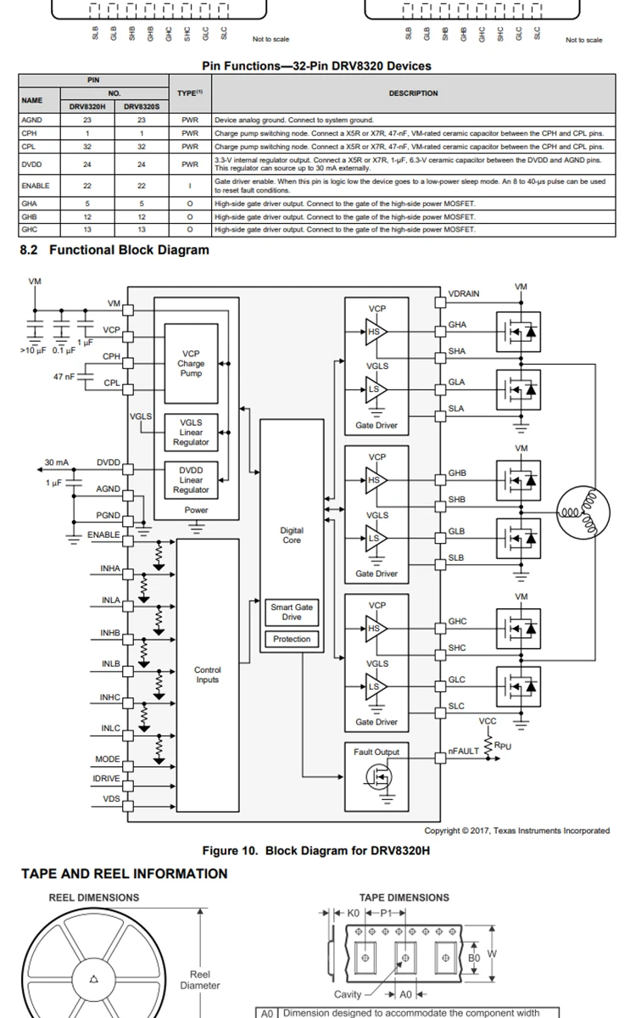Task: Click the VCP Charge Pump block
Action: click(191, 364)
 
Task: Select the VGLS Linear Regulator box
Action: click(191, 432)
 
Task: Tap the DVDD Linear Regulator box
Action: click(191, 480)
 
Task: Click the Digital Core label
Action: click(291, 535)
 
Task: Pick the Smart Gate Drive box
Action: click(292, 612)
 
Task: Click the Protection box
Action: click(292, 639)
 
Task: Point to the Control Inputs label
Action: click(208, 674)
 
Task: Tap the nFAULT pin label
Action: click(464, 752)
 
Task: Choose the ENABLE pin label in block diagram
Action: click(103, 535)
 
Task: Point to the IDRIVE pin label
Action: click(106, 779)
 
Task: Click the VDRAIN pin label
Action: click(464, 294)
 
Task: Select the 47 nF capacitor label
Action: click(64, 376)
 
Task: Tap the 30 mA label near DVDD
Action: click(57, 463)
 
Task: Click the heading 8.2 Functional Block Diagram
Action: click(114, 249)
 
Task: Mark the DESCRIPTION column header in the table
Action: click(413, 93)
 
